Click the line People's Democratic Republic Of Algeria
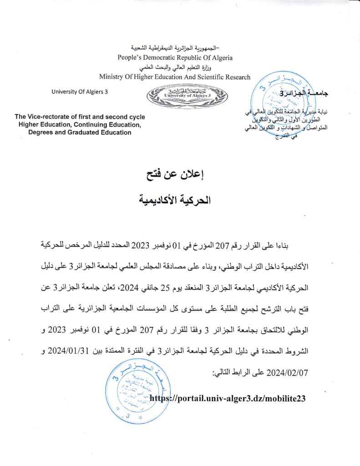(175, 58)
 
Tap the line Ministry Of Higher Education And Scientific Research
(175, 77)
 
